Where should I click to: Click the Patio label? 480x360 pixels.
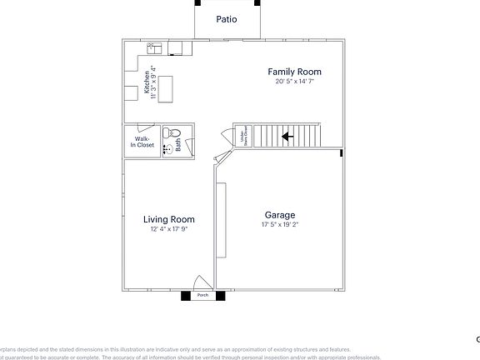227,18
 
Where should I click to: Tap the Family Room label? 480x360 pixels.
294,72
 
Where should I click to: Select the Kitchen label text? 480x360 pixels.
146,80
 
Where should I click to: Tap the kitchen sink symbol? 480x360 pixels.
154,48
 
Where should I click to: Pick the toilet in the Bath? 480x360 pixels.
173,132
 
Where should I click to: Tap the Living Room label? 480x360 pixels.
168,220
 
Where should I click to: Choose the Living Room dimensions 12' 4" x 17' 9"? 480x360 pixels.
168,229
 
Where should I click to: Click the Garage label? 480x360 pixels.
280,214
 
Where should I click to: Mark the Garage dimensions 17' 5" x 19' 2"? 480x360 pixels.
280,224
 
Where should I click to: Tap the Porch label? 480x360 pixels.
202,296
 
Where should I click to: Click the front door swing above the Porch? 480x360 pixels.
201,282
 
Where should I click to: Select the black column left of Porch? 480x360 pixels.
184,295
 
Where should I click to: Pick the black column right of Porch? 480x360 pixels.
221,295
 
